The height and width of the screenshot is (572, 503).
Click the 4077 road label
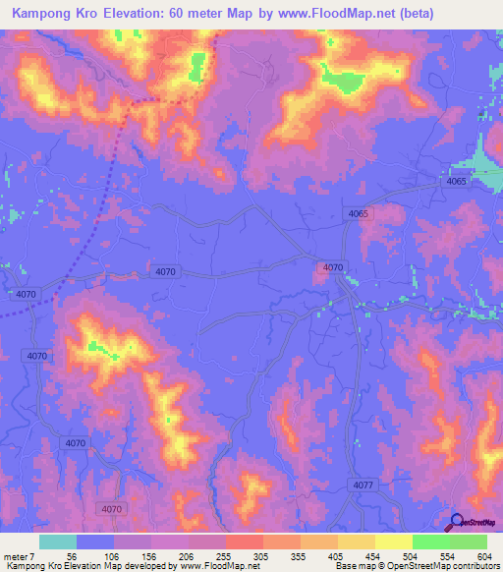click(x=363, y=486)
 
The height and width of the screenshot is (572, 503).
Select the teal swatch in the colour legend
click(x=58, y=542)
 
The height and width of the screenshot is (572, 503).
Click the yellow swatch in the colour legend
click(x=393, y=542)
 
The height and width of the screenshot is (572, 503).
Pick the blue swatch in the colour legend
click(x=95, y=542)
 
